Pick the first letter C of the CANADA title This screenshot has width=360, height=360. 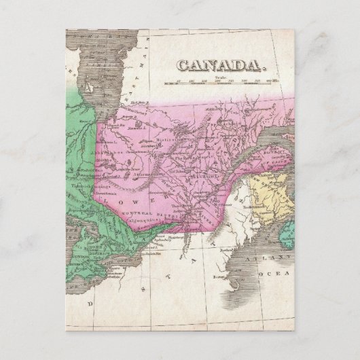[183, 65]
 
